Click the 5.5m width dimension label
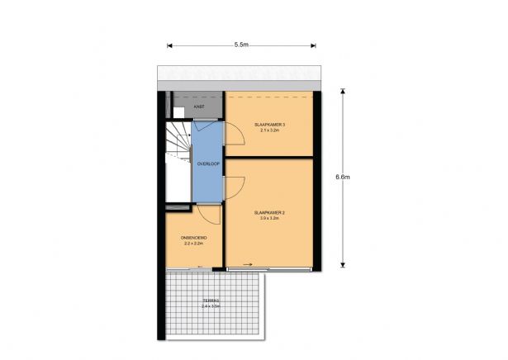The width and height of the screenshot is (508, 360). pos(242,44)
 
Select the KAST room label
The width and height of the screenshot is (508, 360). pos(199,107)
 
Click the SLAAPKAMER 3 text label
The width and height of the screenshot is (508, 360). pos(271,125)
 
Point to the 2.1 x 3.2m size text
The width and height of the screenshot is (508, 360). pos(271,131)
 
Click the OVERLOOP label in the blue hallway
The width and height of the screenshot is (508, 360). pos(207,163)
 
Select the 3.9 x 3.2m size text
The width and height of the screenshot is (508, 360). pos(270,219)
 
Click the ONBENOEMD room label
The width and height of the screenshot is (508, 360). pos(193,238)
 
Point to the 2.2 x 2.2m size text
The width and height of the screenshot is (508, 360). pos(193,244)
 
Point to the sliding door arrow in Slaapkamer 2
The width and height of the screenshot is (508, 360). pos(249,265)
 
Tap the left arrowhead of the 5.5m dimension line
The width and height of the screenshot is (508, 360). pos(169,45)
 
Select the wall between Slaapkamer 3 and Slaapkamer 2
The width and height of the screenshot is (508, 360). pos(270,157)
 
